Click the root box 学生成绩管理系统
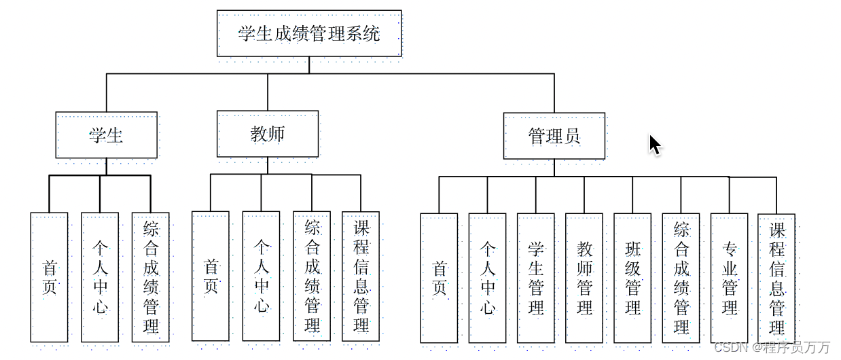[309, 33]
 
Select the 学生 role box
[106, 134]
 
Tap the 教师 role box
[268, 134]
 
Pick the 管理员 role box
[554, 136]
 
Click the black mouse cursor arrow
[655, 145]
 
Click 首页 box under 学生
[49, 277]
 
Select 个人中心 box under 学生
[100, 277]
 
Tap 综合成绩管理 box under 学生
[151, 277]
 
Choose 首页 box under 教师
[211, 276]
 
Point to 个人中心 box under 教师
[261, 276]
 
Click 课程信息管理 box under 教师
[361, 276]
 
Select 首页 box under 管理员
[439, 278]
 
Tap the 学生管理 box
[536, 278]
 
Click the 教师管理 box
[584, 278]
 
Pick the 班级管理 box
[632, 278]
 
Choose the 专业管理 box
[729, 278]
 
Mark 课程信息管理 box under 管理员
[776, 279]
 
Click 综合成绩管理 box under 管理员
[681, 278]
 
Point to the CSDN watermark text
[772, 347]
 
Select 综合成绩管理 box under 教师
[312, 276]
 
